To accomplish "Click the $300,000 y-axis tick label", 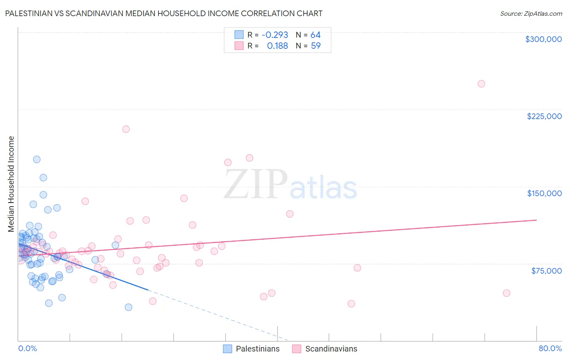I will [x=543, y=39].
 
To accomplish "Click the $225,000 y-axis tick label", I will [x=544, y=116].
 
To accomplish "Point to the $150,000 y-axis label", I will [x=544, y=193].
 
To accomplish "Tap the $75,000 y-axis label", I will [x=546, y=271].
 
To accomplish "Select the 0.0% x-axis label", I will [x=27, y=348].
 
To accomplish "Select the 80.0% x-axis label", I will [x=550, y=348].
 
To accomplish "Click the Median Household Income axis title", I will [x=11, y=184].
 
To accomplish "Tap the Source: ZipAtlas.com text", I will [x=531, y=13].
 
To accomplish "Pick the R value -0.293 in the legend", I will [x=275, y=35].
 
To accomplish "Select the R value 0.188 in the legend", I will [x=277, y=46].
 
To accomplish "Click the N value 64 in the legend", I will [x=315, y=35].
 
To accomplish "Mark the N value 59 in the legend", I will [x=315, y=46].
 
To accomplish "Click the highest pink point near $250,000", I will [x=481, y=84].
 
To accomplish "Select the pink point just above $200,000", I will [x=126, y=129].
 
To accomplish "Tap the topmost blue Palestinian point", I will [x=37, y=159].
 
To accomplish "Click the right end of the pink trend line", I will [x=536, y=220].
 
